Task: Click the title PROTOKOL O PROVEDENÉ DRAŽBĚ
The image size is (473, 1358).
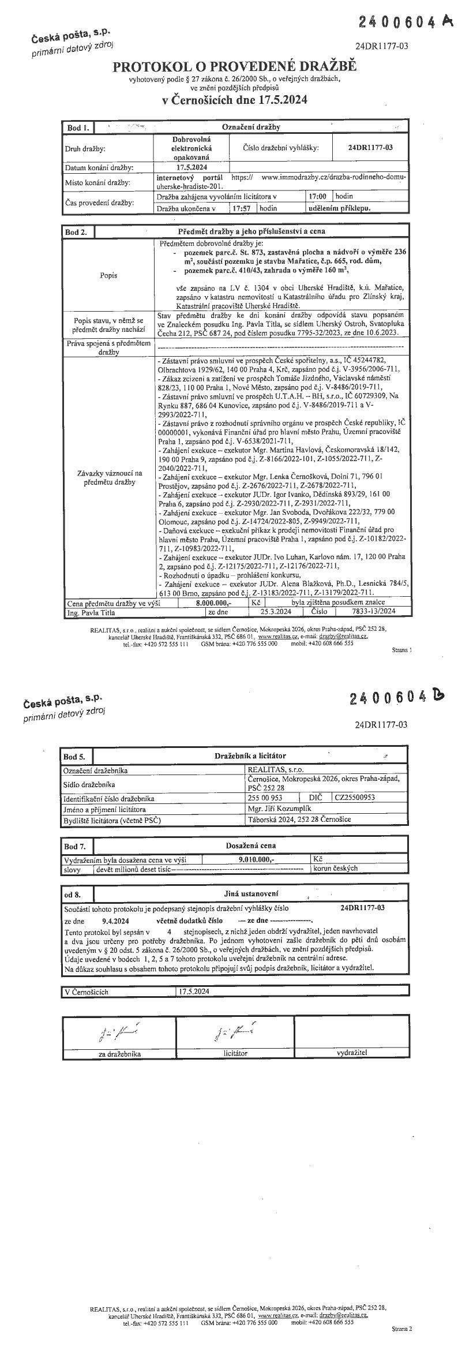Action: (235, 67)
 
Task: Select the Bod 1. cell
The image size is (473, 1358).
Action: (77, 127)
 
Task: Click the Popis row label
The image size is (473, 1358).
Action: (108, 275)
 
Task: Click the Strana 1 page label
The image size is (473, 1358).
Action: (401, 650)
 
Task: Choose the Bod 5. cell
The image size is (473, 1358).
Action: (75, 756)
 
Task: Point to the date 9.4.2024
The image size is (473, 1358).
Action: (115, 921)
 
